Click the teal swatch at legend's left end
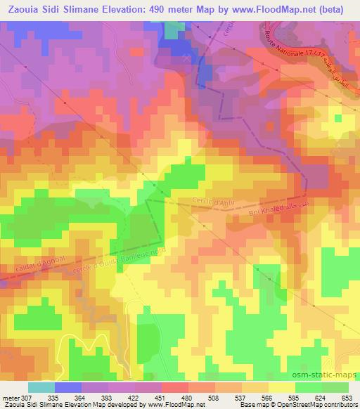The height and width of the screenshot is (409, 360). [41, 387]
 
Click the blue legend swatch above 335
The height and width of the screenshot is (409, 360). [68, 387]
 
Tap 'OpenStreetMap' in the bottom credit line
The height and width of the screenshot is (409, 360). [289, 405]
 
